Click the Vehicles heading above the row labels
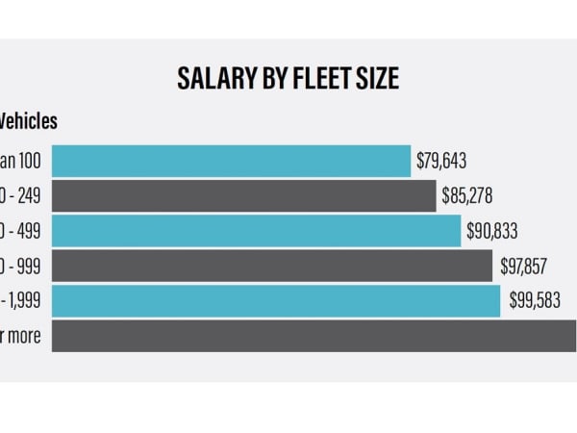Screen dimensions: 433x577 28,121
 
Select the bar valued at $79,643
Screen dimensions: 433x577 231,161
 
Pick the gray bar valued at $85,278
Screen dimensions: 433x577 243,196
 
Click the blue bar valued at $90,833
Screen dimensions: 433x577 256,231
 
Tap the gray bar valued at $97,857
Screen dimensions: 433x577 272,266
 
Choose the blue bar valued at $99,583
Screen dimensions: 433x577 276,301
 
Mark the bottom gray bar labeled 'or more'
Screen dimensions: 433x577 314,336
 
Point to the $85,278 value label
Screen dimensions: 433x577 467,196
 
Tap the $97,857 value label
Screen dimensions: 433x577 524,266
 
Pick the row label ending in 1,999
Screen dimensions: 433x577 21,301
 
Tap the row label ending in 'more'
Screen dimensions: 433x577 21,336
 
